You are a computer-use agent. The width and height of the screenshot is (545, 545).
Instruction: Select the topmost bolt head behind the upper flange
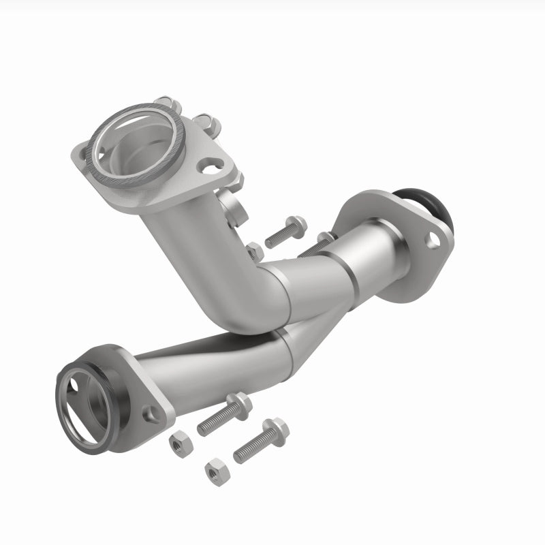[x=171, y=106]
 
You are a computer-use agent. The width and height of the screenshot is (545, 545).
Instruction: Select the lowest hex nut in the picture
[x=216, y=470]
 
